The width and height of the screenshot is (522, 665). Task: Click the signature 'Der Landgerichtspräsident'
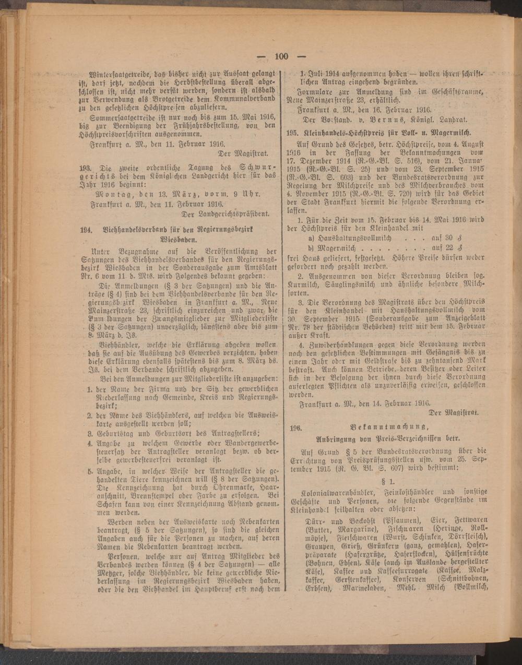click(x=224, y=213)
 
